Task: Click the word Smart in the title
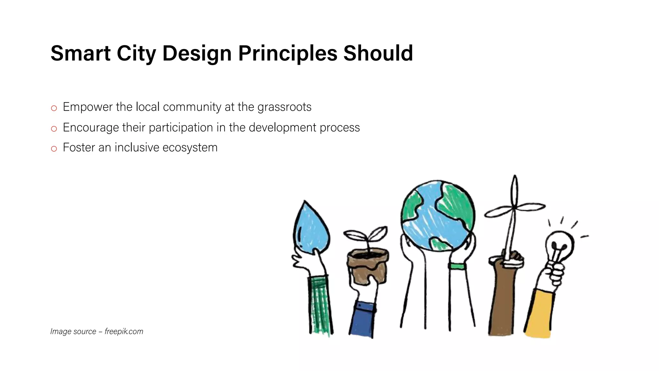coord(80,53)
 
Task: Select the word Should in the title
coord(378,53)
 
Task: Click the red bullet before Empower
coord(54,108)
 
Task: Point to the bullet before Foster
coord(54,149)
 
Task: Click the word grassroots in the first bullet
coord(284,107)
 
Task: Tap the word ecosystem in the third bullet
coord(190,147)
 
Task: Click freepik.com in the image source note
coord(124,331)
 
